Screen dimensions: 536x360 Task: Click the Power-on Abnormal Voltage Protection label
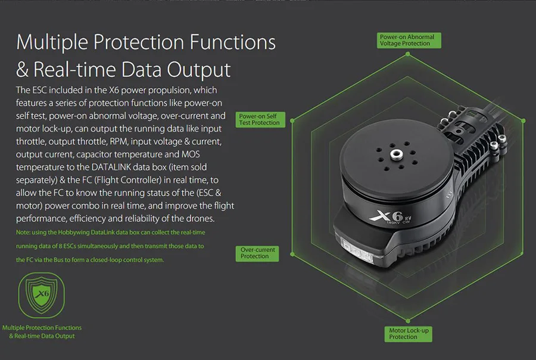(x=407, y=41)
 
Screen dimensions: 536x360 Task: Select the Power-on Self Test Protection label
(x=260, y=119)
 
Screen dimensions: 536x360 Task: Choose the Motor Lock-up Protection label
(x=409, y=334)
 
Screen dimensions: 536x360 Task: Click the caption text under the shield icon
(x=42, y=332)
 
